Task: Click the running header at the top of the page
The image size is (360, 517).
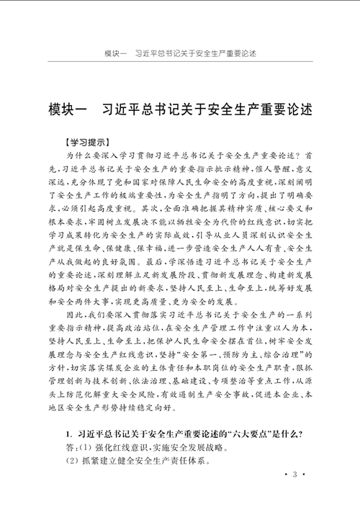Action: pos(179,55)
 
